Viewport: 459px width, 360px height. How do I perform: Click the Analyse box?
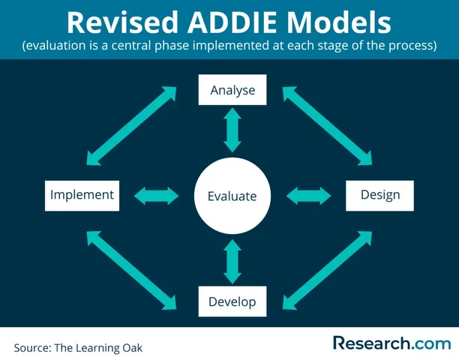232,90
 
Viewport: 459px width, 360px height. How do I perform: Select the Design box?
379,195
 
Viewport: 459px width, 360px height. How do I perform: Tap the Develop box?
232,301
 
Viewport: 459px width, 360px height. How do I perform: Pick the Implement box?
82,195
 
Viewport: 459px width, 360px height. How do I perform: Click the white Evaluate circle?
232,196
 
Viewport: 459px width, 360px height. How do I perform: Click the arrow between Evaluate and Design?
309,196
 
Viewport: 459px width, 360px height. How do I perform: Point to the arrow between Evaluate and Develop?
232,261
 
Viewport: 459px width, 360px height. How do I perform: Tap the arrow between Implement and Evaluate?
156,196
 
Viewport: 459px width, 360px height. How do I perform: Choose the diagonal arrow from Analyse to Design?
327,124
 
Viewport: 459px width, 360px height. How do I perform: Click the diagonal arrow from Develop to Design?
327,268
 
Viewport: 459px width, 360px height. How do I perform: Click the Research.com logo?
391,343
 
